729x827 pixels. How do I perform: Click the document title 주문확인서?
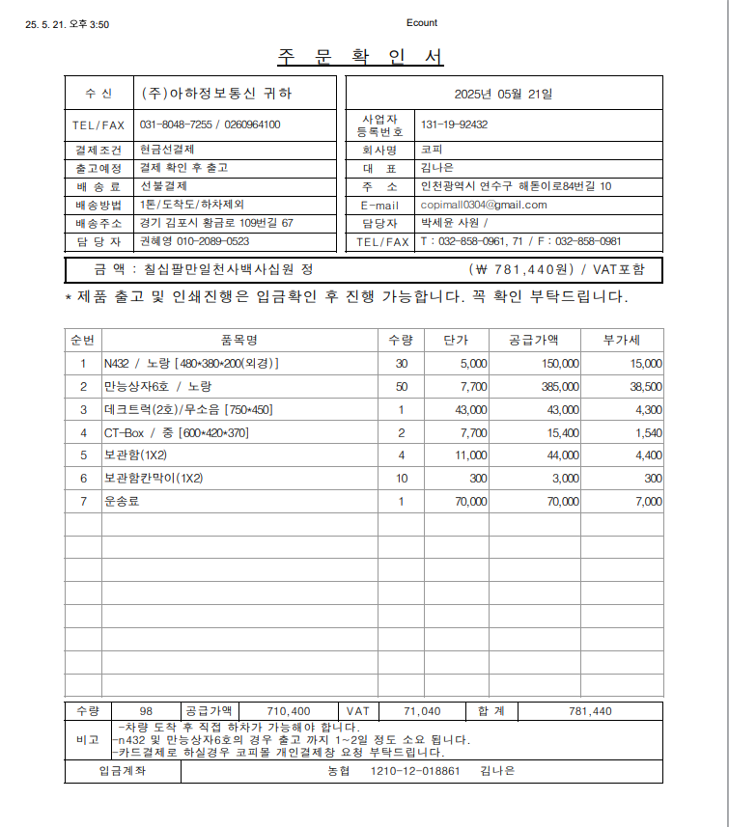click(x=360, y=57)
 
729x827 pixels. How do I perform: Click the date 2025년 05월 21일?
click(x=504, y=94)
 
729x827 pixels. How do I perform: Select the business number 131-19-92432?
click(x=454, y=124)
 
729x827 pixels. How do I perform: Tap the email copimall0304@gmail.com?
click(x=484, y=205)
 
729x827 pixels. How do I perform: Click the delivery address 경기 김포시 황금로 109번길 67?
click(x=216, y=223)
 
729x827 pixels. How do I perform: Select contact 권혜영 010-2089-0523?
click(x=194, y=241)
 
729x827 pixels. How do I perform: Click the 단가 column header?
click(x=456, y=340)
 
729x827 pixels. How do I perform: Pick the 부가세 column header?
click(x=621, y=340)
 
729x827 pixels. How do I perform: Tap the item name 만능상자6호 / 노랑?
click(x=151, y=386)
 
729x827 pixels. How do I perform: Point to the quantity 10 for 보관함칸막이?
click(x=402, y=478)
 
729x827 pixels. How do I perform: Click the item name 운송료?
click(x=122, y=501)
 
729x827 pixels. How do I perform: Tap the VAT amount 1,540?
click(x=648, y=432)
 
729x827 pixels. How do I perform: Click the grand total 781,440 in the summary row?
click(x=591, y=711)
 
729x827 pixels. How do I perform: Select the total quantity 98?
click(x=146, y=711)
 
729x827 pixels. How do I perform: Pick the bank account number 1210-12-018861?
click(x=415, y=771)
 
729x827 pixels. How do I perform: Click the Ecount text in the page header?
click(x=422, y=23)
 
